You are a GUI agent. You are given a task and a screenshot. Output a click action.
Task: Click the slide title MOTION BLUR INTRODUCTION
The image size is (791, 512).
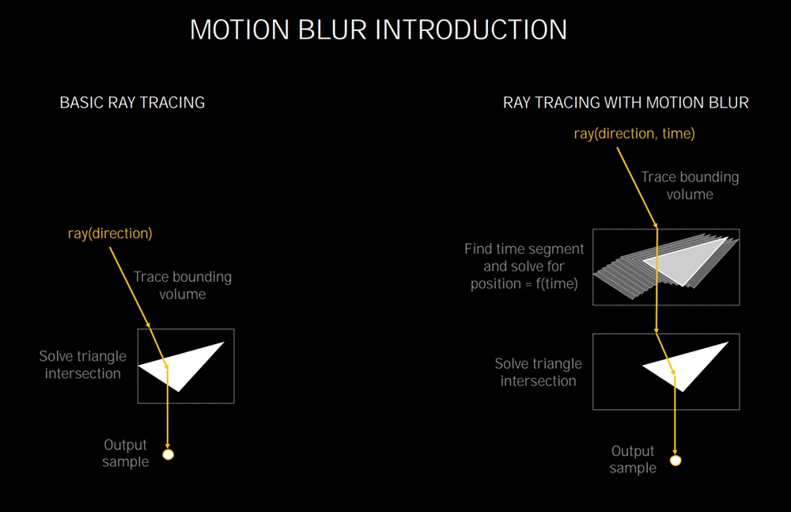pyautogui.click(x=378, y=29)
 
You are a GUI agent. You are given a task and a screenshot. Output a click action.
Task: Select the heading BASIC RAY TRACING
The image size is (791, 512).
pyautogui.click(x=132, y=103)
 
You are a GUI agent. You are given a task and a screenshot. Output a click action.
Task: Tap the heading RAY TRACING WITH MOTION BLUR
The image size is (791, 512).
pyautogui.click(x=626, y=103)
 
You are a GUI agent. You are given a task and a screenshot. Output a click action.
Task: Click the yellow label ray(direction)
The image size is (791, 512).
pyautogui.click(x=110, y=233)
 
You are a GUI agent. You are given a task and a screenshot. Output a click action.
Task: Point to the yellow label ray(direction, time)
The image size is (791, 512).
pyautogui.click(x=634, y=133)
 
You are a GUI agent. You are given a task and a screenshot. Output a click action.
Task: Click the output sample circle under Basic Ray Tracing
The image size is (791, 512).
pyautogui.click(x=168, y=454)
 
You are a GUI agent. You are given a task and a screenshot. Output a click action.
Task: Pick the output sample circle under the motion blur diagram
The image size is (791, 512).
pyautogui.click(x=676, y=461)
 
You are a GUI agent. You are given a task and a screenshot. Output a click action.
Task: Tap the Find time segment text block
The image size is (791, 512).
pyautogui.click(x=524, y=266)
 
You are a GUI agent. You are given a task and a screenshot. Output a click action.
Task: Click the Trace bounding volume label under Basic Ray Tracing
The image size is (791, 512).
pyautogui.click(x=183, y=286)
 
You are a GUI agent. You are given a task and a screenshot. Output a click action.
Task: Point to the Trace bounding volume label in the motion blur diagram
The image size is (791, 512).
pyautogui.click(x=690, y=185)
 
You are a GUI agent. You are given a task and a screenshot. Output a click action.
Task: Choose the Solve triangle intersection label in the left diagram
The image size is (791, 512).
pyautogui.click(x=83, y=365)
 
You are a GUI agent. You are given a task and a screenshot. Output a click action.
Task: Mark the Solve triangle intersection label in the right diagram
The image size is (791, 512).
pyautogui.click(x=538, y=372)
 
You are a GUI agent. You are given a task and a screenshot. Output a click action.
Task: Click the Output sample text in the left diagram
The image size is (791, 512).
pyautogui.click(x=126, y=453)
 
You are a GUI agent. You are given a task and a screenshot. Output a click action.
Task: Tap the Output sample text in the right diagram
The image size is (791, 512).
pyautogui.click(x=633, y=459)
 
